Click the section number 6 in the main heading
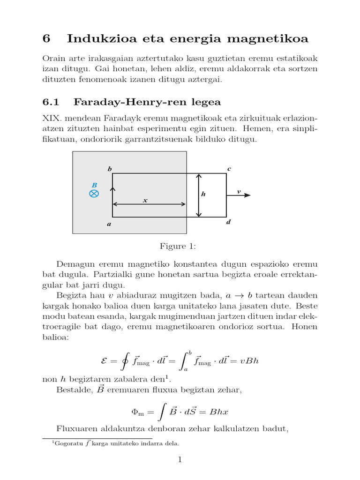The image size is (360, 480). [x=46, y=39]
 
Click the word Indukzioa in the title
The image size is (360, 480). [x=97, y=39]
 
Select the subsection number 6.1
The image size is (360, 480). [x=50, y=102]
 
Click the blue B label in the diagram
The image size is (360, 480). [x=94, y=185]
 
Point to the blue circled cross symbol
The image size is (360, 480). [x=94, y=194]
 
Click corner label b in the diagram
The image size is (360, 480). [x=110, y=168]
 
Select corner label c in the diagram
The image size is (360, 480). [x=229, y=168]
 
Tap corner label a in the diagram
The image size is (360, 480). [x=109, y=224]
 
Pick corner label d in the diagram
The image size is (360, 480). [x=228, y=222]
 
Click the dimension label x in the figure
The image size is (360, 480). [x=145, y=200]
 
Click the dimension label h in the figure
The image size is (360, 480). [x=203, y=194]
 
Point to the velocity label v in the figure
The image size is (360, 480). [x=239, y=191]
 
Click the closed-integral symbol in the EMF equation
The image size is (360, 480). [x=124, y=361]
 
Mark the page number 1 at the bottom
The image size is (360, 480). [x=179, y=460]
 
